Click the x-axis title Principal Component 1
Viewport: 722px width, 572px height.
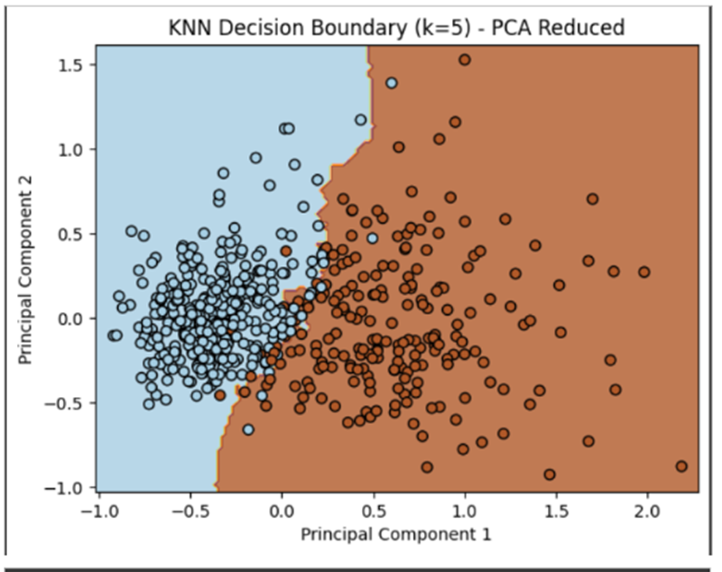[x=396, y=534]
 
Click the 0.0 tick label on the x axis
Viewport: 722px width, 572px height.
[x=282, y=512]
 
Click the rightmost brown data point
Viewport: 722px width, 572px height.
[x=681, y=466]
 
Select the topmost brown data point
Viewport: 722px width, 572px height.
[x=465, y=60]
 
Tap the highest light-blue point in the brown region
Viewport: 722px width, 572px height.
[x=392, y=83]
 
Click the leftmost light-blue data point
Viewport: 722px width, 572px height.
[x=114, y=336]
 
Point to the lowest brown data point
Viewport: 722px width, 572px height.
[x=549, y=475]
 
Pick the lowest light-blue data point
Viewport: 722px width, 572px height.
[x=248, y=429]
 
